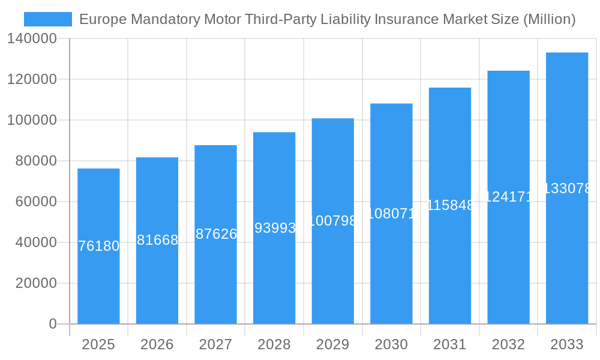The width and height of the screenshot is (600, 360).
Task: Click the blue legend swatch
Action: (x=48, y=19)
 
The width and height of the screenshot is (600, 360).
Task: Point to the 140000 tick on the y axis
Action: (x=32, y=39)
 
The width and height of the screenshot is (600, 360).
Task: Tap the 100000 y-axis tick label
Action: (x=32, y=121)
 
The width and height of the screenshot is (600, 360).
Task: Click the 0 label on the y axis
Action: (x=53, y=324)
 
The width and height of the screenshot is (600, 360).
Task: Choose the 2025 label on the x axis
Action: (x=98, y=344)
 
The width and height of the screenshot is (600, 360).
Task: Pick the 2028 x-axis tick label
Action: (x=274, y=344)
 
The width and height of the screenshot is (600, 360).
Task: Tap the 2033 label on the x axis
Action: (x=567, y=344)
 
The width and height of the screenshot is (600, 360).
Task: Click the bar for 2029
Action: (x=333, y=270)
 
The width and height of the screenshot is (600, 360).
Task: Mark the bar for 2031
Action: (x=450, y=270)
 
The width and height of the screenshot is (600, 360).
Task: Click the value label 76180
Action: (x=99, y=246)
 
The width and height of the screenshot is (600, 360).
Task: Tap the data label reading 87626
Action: (x=216, y=234)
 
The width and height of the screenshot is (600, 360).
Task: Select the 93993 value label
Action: (x=275, y=228)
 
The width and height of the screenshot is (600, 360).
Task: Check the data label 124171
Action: (x=508, y=196)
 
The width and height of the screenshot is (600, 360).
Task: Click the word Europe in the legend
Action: (x=101, y=19)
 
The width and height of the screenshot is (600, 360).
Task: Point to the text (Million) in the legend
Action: (x=549, y=19)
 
